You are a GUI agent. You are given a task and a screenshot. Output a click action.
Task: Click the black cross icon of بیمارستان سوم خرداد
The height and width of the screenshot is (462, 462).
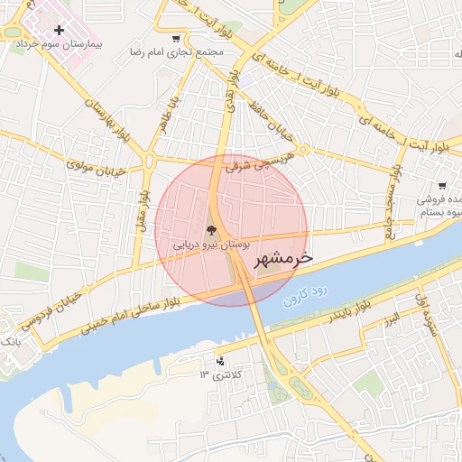coord(59,30)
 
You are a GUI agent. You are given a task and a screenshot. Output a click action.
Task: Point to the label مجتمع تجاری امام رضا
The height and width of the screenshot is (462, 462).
coord(176,52)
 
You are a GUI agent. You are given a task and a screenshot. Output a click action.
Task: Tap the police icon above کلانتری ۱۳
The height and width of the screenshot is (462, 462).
coord(219,362)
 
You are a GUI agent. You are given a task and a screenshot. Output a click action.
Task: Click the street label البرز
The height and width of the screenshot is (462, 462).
coord(391,319)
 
